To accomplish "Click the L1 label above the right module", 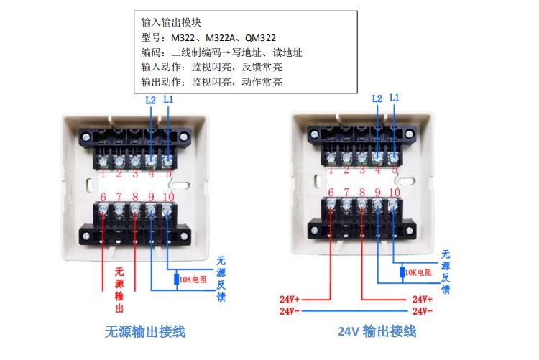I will [168, 99].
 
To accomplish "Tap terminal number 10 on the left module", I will [168, 197].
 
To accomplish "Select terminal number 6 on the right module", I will [331, 192].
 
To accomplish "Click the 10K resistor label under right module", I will [419, 272].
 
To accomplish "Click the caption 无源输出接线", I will [145, 332].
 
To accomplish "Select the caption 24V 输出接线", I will [377, 331].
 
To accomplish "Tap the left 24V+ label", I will [290, 298].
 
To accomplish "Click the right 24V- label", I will [423, 311].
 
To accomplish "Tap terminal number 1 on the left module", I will [103, 173].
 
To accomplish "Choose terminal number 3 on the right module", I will [362, 170].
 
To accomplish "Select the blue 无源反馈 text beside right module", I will [446, 272].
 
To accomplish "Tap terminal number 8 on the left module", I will [135, 197].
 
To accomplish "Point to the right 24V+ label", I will [423, 298].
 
